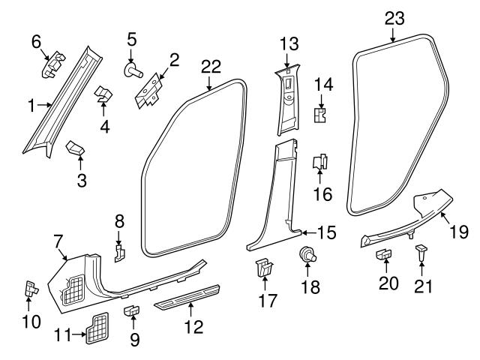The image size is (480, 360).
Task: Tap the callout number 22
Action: pos(211,66)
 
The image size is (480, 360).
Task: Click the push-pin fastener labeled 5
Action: pos(134,70)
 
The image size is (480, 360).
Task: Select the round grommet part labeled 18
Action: pos(306,255)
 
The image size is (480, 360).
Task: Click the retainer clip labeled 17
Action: pos(262,268)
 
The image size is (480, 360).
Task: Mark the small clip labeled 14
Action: pos(320,114)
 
